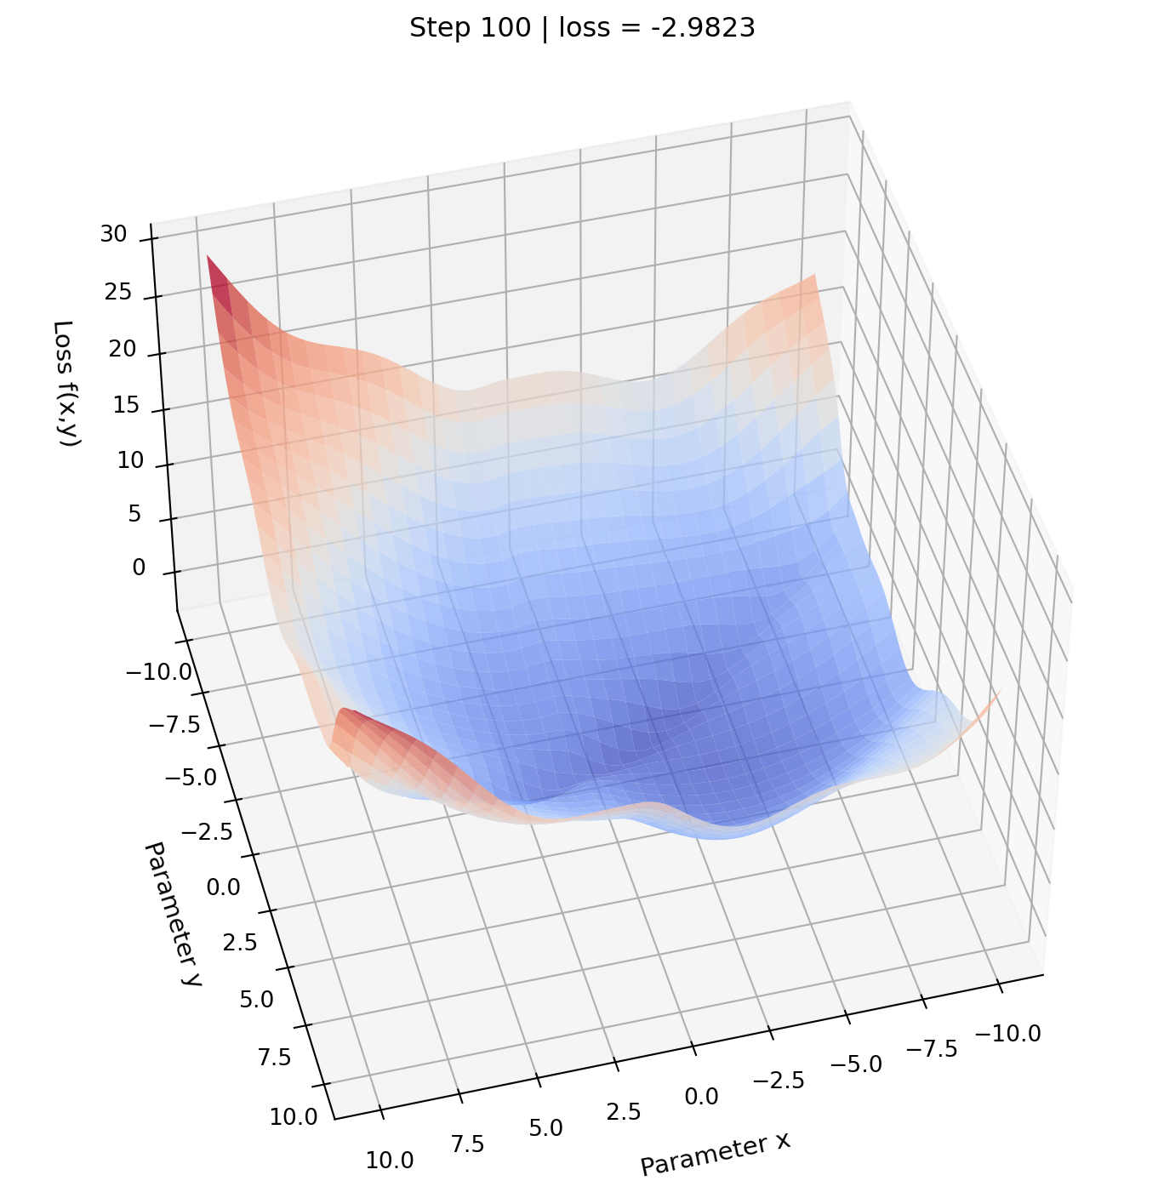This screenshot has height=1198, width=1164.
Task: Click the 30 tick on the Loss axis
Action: (113, 235)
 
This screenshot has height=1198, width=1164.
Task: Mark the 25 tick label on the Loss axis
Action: (118, 293)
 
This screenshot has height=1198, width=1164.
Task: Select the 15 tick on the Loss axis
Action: (126, 405)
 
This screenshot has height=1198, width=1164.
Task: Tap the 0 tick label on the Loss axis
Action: (139, 568)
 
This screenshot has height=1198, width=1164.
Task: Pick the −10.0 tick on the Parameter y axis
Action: (158, 673)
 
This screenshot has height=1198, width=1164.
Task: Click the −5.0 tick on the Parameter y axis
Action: (191, 777)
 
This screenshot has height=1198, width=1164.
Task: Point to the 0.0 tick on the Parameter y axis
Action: (223, 887)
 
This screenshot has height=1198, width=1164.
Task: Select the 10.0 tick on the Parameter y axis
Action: (294, 1117)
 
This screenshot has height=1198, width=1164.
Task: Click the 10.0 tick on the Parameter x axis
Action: (390, 1160)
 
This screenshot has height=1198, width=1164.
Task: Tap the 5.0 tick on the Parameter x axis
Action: (545, 1128)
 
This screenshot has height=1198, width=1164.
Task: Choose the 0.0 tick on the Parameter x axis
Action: (701, 1097)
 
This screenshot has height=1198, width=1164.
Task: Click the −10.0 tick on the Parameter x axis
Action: (1007, 1034)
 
